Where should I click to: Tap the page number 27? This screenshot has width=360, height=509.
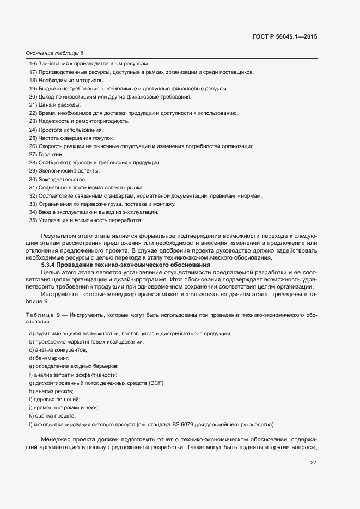[x=313, y=463]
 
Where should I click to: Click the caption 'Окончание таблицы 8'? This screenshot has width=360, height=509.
[x=54, y=53]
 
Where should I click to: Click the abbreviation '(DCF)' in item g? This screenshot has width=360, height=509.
[x=156, y=383]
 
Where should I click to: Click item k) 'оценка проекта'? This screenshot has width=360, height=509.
[x=54, y=416]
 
